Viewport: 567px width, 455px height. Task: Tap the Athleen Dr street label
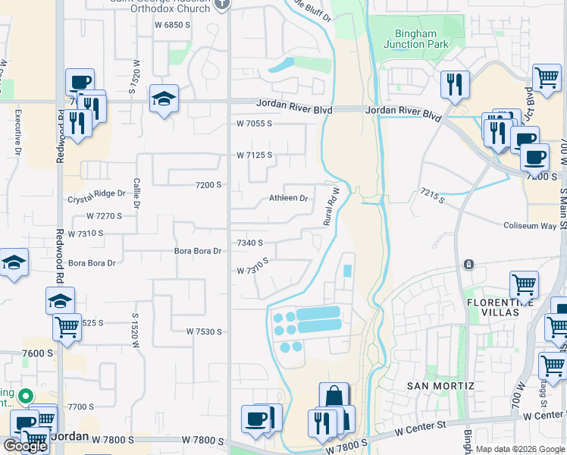pyautogui.click(x=289, y=199)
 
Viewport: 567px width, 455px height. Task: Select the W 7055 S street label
pyautogui.click(x=253, y=123)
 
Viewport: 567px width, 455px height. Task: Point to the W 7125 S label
pyautogui.click(x=253, y=155)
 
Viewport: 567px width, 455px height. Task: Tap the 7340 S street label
pyautogui.click(x=249, y=243)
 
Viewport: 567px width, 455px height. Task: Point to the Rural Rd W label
pyautogui.click(x=329, y=206)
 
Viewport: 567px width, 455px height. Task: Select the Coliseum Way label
pyautogui.click(x=530, y=225)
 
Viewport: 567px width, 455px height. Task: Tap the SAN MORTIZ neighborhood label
pyautogui.click(x=440, y=386)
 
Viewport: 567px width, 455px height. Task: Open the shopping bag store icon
pyautogui.click(x=334, y=397)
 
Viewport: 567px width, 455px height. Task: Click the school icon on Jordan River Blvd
pyautogui.click(x=164, y=99)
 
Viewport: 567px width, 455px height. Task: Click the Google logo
pyautogui.click(x=25, y=445)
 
